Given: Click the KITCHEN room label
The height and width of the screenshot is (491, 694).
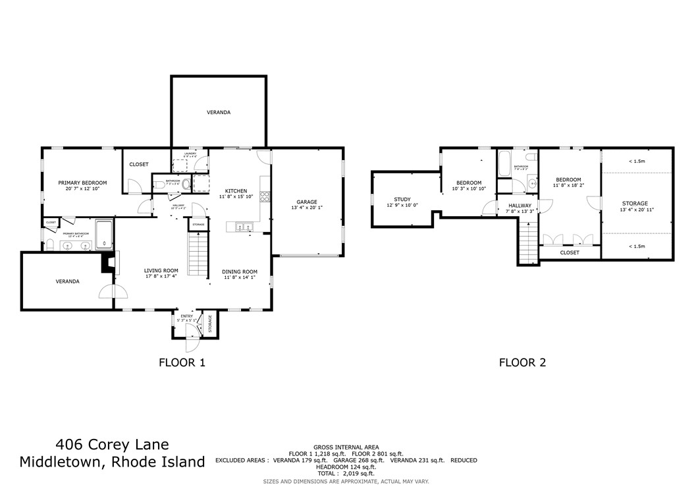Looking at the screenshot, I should coord(236,190).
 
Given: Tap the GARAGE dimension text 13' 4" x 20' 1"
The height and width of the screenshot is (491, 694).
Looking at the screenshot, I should coord(307,208).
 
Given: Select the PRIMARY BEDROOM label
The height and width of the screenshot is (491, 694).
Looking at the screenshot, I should coord(82,183).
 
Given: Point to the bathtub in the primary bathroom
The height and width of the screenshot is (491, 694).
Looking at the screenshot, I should coord(104,235).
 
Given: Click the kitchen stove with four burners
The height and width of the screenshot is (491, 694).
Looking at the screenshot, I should coord(265,196).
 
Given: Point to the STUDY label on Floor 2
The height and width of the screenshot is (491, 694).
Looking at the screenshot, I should coord(402,199).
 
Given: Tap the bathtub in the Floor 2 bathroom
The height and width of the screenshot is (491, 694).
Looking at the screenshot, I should coord(504,163).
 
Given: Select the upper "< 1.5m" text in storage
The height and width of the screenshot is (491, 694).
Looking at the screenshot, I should coord(636,161).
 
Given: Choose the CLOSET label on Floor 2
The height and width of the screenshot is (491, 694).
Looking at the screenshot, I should coord(570,252).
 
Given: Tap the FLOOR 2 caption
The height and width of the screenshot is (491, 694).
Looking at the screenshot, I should coord(522,362).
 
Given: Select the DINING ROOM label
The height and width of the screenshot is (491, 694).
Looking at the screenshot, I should coord(239,272).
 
